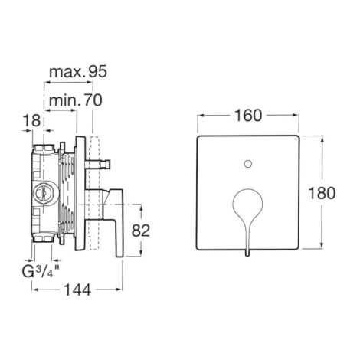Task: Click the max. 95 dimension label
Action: tap(78, 72)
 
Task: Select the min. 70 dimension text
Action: tap(76, 100)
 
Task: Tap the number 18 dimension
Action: tap(32, 120)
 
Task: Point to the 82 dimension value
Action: tap(141, 231)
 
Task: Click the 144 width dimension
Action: tap(77, 290)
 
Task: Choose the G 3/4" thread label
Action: tap(41, 272)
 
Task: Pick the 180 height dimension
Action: tap(322, 193)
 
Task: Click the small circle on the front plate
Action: tap(248, 164)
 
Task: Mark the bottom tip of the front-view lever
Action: tap(247, 256)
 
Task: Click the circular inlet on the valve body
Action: tap(42, 193)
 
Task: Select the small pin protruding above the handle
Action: tap(98, 164)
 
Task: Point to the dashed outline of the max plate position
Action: tap(94, 193)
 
